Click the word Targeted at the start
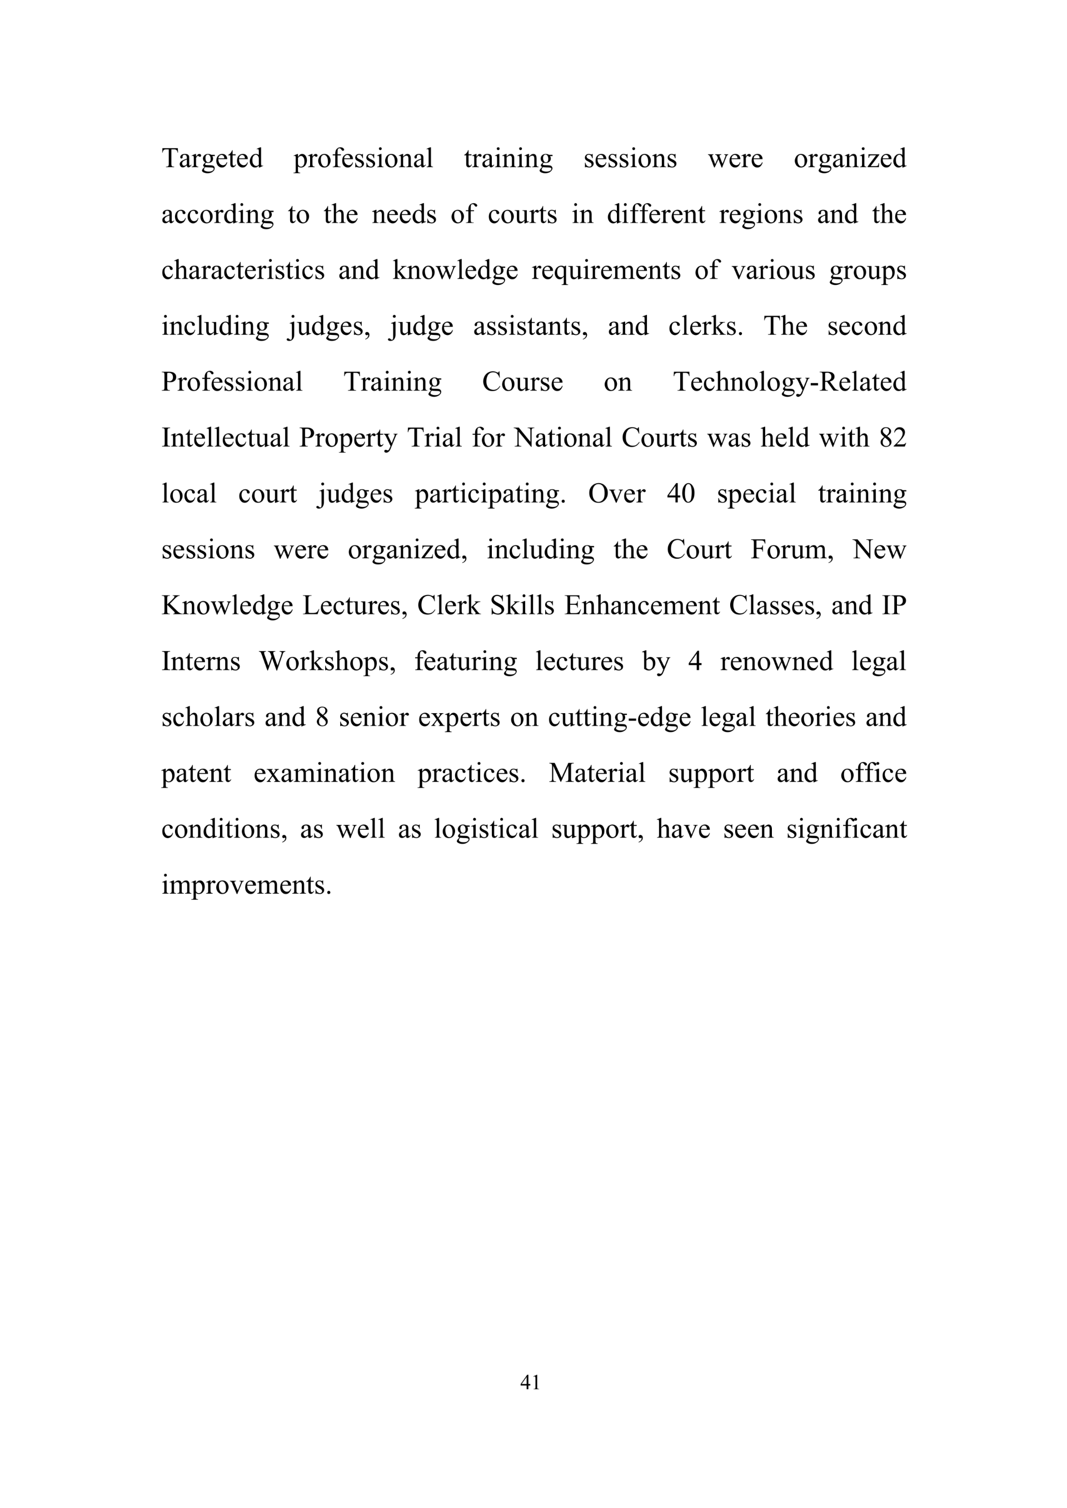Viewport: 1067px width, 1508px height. coord(212,159)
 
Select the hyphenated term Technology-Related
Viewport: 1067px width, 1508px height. coord(790,382)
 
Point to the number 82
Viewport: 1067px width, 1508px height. coord(893,438)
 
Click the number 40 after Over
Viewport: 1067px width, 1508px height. coord(681,494)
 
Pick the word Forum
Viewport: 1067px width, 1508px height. coord(792,550)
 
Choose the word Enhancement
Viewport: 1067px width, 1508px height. coord(642,605)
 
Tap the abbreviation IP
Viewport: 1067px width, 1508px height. coord(894,605)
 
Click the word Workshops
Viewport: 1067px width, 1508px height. coord(327,662)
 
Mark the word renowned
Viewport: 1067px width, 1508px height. coord(776,662)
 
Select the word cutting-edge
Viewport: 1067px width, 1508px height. coord(619,717)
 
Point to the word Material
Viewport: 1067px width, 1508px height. coord(597,774)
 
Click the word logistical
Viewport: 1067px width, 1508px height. coord(486,829)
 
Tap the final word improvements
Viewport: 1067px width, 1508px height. coord(246,885)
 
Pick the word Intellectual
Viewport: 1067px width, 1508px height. coord(226,438)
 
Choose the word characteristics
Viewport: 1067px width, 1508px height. coord(243,270)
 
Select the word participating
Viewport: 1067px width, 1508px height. coord(490,494)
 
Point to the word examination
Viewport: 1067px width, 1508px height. coord(324,774)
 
